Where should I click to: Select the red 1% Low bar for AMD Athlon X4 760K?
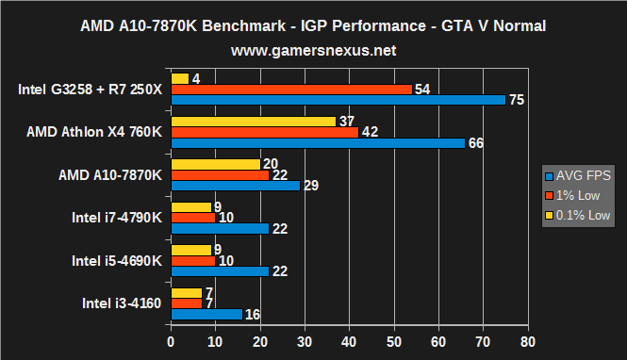pos(264,132)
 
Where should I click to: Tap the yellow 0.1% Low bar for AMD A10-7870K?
pos(215,164)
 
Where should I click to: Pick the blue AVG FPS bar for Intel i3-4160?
pos(206,315)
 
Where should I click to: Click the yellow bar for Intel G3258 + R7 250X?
pos(179,78)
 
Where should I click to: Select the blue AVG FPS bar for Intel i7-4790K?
pos(219,229)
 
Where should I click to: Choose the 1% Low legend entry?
pos(578,195)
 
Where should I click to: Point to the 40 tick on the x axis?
pos(349,341)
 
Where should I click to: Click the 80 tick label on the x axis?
pos(527,341)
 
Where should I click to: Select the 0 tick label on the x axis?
pos(171,341)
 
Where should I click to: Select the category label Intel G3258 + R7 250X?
pos(90,90)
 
